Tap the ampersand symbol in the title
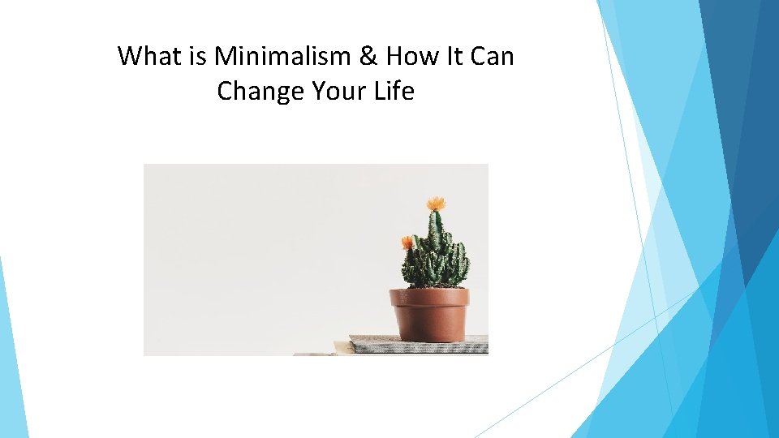click(x=368, y=56)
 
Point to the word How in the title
click(x=412, y=56)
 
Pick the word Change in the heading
click(x=260, y=92)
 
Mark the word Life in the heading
click(x=394, y=91)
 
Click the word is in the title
click(x=197, y=56)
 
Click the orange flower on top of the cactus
click(x=437, y=204)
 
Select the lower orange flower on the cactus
click(x=407, y=243)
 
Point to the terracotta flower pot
click(x=429, y=315)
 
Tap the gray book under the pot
click(x=419, y=344)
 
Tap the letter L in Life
click(x=379, y=91)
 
